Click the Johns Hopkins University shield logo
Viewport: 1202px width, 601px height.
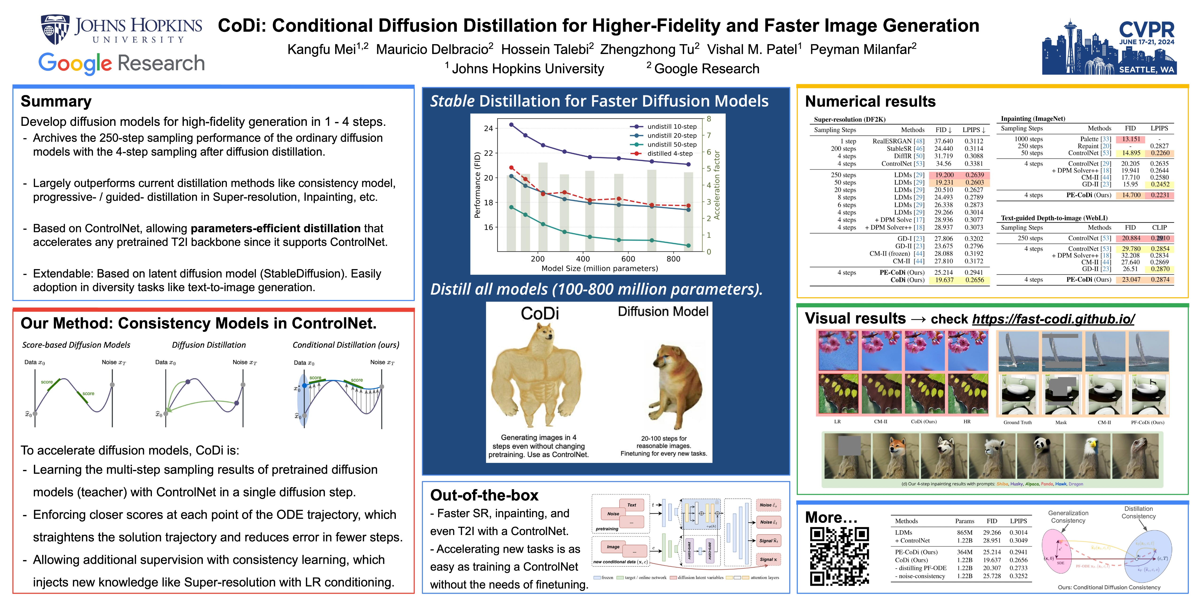tap(55, 29)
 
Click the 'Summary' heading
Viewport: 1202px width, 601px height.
tap(56, 101)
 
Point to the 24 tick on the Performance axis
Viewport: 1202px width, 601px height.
tap(488, 128)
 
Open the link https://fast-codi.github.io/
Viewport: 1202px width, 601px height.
tap(1053, 319)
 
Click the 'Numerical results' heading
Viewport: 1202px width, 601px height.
tap(870, 101)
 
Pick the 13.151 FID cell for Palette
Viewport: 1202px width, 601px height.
tap(1131, 139)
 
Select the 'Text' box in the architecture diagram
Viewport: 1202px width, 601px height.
tap(631, 505)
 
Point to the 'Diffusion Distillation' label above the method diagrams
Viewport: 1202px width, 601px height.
tap(208, 345)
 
